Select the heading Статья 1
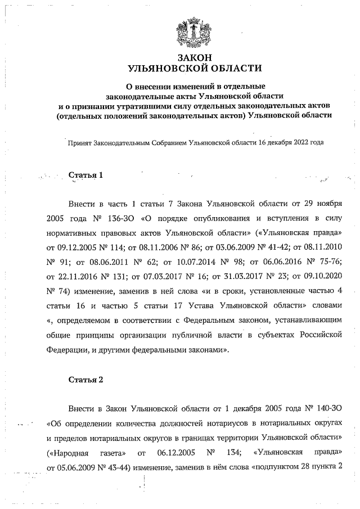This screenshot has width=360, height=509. pyautogui.click(x=85, y=175)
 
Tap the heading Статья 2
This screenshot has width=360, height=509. pyautogui.click(x=85, y=379)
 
